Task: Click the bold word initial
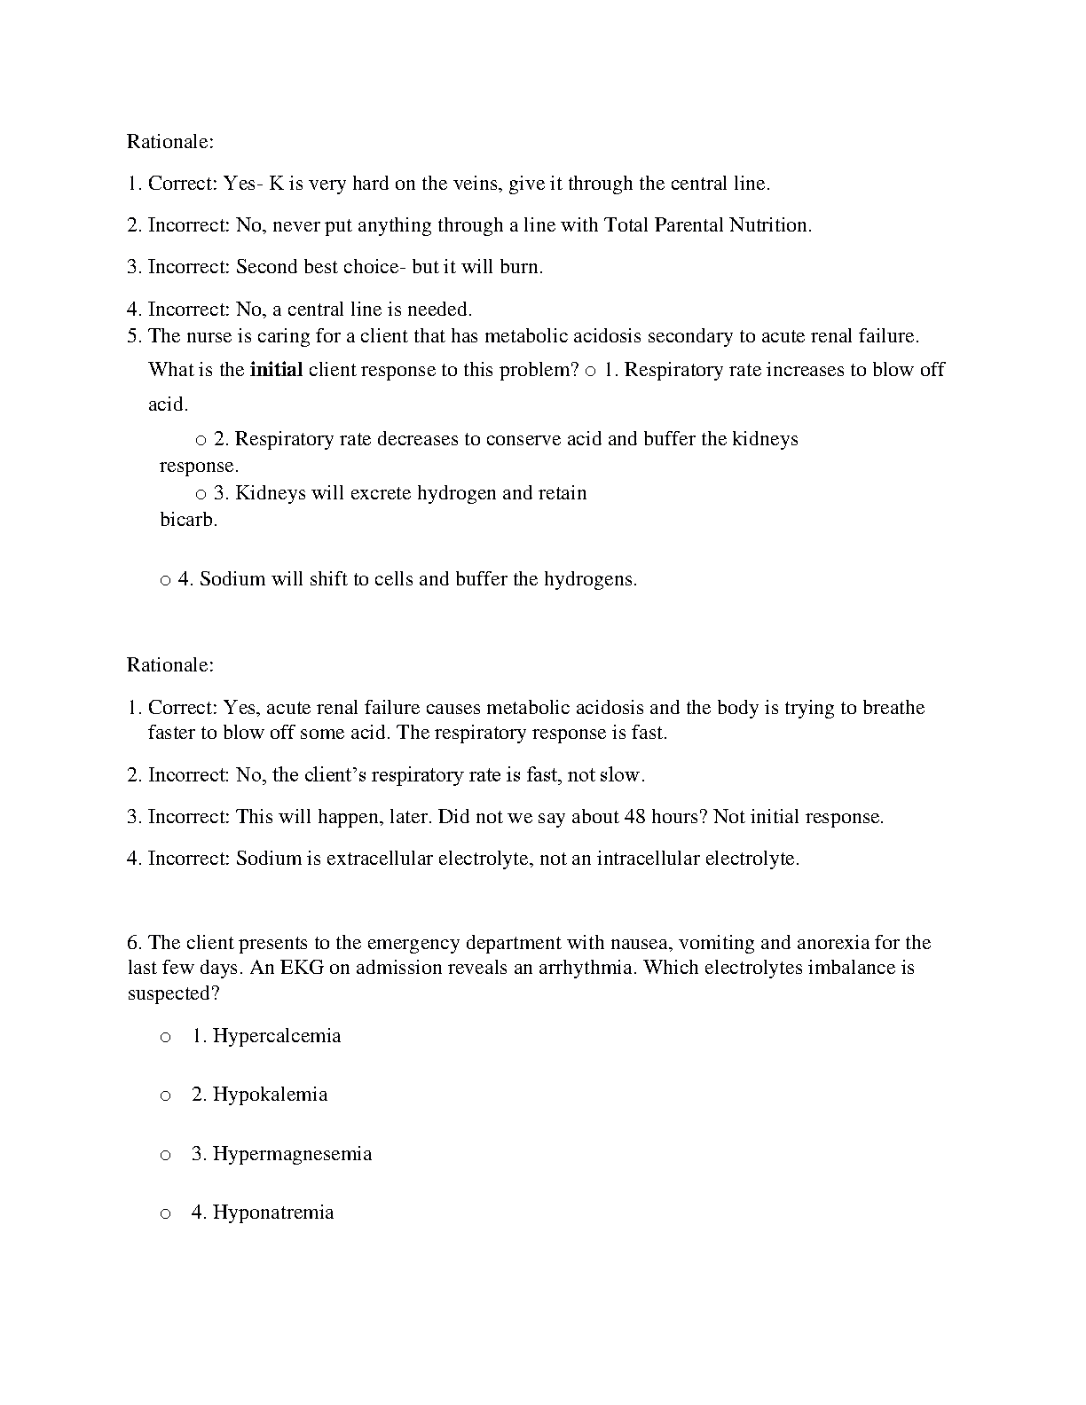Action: pyautogui.click(x=276, y=370)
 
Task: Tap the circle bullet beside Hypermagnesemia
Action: pyautogui.click(x=165, y=1155)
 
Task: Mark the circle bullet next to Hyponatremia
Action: pyautogui.click(x=165, y=1213)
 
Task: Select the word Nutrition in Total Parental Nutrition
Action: pyautogui.click(x=767, y=225)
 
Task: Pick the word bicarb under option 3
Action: pyautogui.click(x=188, y=520)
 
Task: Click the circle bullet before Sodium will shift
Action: pyautogui.click(x=165, y=580)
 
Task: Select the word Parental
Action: pyautogui.click(x=689, y=225)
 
